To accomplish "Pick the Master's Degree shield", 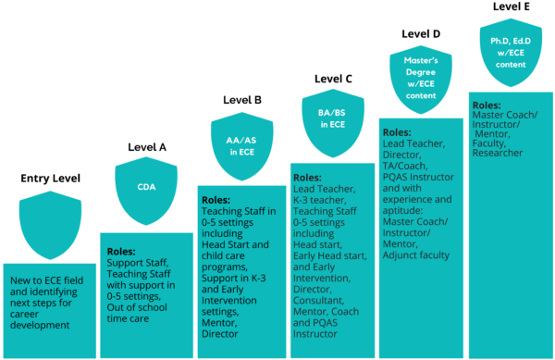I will [x=420, y=78].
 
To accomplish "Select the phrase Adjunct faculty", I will [x=415, y=254].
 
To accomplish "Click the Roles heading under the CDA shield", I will [x=121, y=251].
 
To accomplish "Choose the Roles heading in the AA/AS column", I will [x=217, y=198].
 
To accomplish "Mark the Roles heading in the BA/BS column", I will [x=307, y=176].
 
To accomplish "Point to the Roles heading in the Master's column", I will [x=397, y=132].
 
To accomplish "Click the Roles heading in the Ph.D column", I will [x=487, y=106].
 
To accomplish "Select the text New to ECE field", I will [x=47, y=279].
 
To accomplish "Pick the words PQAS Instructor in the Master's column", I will [x=418, y=176].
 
